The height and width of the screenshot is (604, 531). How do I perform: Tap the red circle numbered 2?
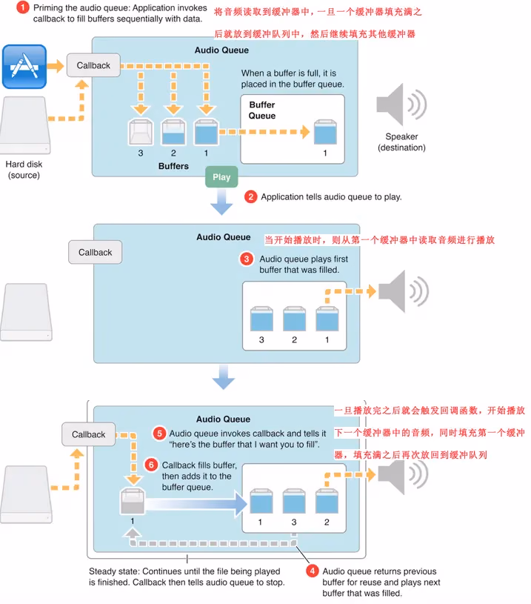[x=251, y=197]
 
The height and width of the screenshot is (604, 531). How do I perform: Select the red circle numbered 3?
[x=247, y=259]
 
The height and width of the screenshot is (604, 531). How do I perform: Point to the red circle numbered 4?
[x=312, y=571]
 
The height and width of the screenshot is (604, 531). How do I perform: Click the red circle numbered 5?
[x=159, y=433]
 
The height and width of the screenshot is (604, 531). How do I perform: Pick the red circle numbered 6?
[x=151, y=465]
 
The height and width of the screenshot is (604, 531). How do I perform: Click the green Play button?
[x=221, y=177]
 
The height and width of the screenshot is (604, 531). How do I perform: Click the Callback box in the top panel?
[x=93, y=65]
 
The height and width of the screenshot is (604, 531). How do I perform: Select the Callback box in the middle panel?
[x=96, y=252]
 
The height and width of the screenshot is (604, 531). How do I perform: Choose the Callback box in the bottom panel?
[x=89, y=434]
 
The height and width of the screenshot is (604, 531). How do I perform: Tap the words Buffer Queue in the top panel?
[x=262, y=110]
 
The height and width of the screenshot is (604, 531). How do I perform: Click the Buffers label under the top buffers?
[x=174, y=167]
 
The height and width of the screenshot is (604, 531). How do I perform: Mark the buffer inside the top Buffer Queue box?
[x=324, y=132]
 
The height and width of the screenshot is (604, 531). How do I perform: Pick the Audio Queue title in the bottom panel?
[x=223, y=419]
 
